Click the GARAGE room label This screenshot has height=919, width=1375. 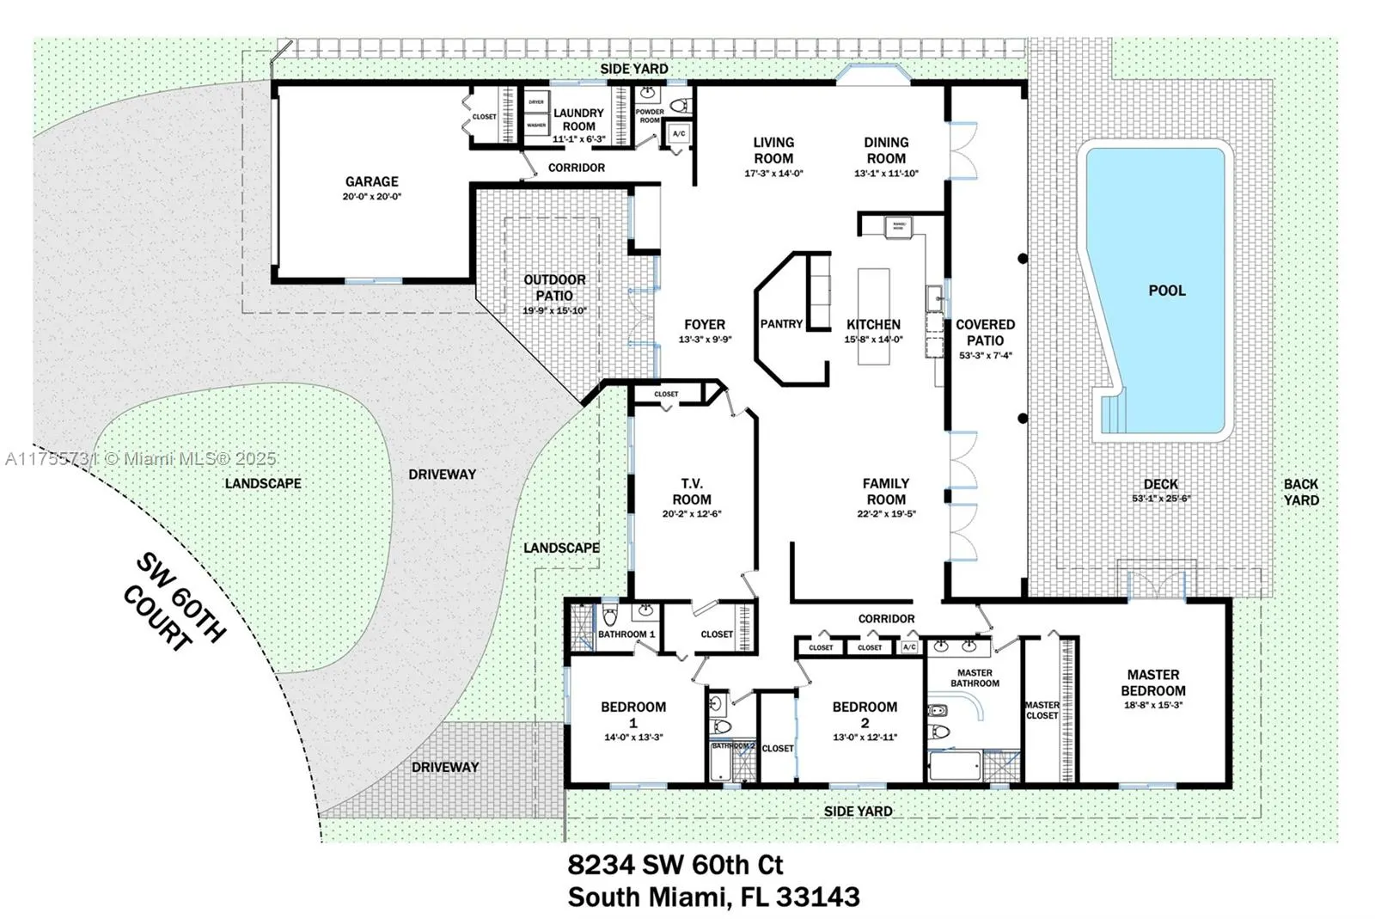(x=371, y=181)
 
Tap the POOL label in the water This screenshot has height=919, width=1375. (x=1166, y=291)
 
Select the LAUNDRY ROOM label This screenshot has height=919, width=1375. (x=578, y=119)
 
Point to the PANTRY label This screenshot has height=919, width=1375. (x=781, y=324)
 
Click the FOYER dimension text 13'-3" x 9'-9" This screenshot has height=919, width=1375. (x=705, y=340)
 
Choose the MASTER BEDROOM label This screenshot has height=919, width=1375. (x=1152, y=683)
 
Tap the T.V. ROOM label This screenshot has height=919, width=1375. (x=691, y=492)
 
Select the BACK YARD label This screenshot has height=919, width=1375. (x=1300, y=492)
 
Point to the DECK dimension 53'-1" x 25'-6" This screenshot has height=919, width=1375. (x=1160, y=499)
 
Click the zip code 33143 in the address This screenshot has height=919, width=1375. (x=817, y=897)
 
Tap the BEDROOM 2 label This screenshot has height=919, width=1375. (x=865, y=714)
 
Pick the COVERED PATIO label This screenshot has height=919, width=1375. (x=985, y=332)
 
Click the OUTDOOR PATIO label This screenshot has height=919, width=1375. (x=554, y=287)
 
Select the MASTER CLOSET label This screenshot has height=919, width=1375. (x=1042, y=710)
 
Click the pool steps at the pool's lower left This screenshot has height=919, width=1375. (x=1113, y=412)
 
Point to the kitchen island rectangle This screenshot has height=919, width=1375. (x=873, y=316)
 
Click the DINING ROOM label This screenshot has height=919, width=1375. (x=886, y=150)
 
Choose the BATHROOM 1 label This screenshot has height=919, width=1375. (x=626, y=634)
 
